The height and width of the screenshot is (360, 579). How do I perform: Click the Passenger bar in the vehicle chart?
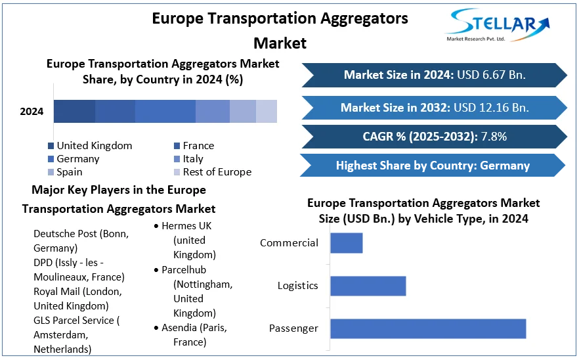(427, 328)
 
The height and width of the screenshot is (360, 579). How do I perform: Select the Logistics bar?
(368, 286)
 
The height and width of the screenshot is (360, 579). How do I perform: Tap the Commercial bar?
(346, 243)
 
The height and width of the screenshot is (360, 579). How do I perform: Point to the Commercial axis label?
(289, 243)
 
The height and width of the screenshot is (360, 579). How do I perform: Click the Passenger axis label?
(293, 328)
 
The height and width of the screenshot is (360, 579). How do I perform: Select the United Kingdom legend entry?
(94, 146)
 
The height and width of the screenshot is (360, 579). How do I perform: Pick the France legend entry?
(198, 146)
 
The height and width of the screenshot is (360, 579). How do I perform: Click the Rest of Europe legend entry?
(217, 172)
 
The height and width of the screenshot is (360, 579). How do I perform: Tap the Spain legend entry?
(70, 172)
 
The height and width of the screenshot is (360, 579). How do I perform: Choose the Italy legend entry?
(193, 159)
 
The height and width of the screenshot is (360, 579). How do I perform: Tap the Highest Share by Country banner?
(433, 166)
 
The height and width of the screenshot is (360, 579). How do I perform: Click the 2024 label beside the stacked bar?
(32, 112)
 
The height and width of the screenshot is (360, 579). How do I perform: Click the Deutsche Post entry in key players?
(81, 240)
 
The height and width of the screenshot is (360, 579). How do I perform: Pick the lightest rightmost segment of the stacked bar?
(267, 112)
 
